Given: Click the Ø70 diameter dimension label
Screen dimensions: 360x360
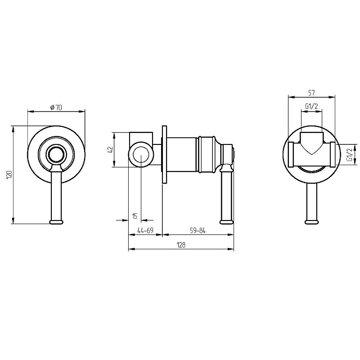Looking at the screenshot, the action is pyautogui.click(x=56, y=107).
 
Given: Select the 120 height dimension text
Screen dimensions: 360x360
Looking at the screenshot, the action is pyautogui.click(x=9, y=175).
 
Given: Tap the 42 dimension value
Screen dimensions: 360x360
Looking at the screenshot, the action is pyautogui.click(x=111, y=150).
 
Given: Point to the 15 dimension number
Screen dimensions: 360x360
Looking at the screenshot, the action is pyautogui.click(x=135, y=216).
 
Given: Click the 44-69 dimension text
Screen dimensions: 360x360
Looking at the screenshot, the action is pyautogui.click(x=145, y=230).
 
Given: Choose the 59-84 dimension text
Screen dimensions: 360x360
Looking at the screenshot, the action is pyautogui.click(x=198, y=230).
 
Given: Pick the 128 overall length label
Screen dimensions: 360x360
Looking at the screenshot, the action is pyautogui.click(x=181, y=245).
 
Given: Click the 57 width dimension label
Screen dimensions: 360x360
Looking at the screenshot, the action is pyautogui.click(x=311, y=93).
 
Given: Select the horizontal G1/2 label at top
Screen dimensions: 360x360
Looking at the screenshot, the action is pyautogui.click(x=311, y=106).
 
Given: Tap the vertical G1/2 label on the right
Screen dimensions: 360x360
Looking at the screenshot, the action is pyautogui.click(x=349, y=154).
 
